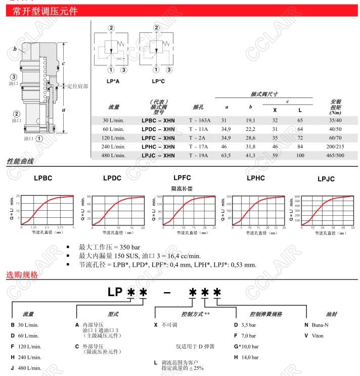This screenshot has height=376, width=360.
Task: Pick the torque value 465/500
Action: [336, 155]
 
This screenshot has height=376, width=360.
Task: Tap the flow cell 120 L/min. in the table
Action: [114, 138]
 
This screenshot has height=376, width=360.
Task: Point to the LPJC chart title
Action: [326, 179]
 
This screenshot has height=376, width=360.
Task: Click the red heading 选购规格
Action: [22, 275]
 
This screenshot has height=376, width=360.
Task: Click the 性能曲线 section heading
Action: [20, 162]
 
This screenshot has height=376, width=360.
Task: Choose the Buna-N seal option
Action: [316, 324]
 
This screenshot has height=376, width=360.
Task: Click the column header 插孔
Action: [199, 107]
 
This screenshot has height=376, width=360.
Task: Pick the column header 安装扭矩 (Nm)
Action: [335, 107]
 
